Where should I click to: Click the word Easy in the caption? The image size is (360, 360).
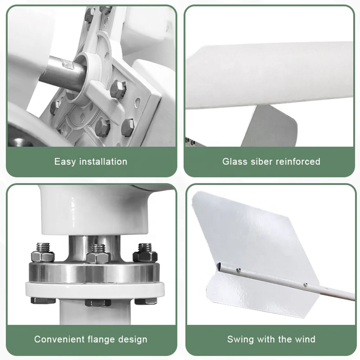point(65,161)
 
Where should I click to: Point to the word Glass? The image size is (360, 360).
point(235,161)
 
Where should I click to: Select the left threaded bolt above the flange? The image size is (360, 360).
point(43,252)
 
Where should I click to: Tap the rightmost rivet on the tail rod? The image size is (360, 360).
point(305,284)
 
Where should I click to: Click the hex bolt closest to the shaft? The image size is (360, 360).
point(117,89)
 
